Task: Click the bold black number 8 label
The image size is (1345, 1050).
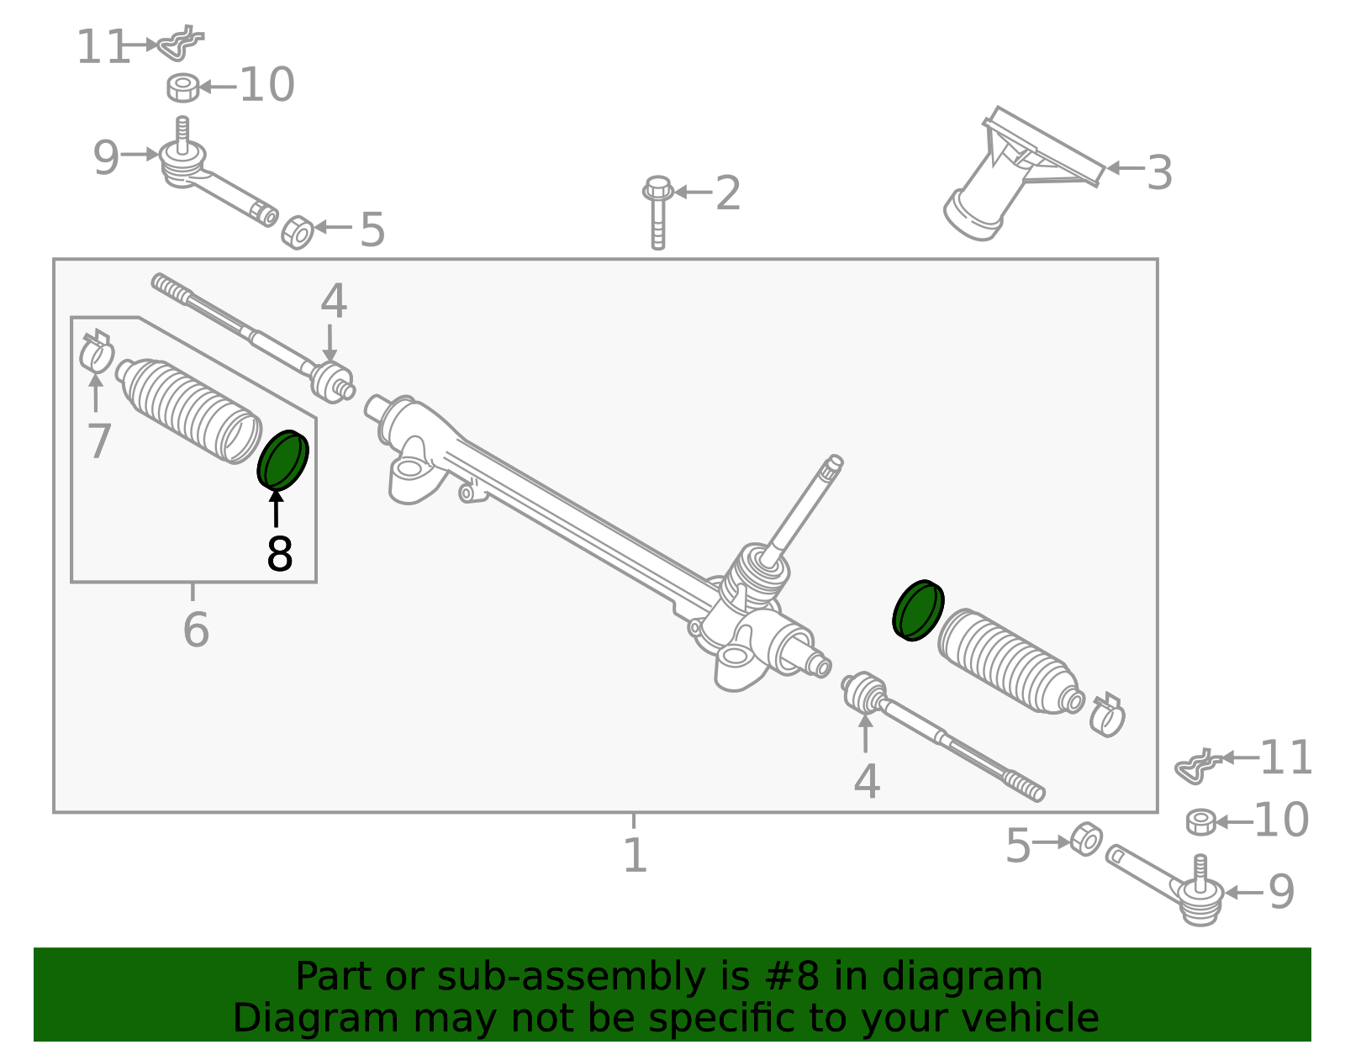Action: [x=280, y=554]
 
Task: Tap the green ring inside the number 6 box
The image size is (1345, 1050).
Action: [x=282, y=460]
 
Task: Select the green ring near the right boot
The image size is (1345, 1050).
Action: [x=917, y=610]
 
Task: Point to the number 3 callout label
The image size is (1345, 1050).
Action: [x=1159, y=173]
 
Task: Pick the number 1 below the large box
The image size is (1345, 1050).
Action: [x=635, y=855]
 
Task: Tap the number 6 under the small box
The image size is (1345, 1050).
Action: [x=195, y=630]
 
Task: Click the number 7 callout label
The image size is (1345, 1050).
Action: [x=99, y=441]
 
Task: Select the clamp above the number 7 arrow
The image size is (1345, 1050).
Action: [x=97, y=351]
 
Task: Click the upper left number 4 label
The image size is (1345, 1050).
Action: [x=334, y=301]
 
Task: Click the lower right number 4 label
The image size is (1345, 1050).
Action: [x=867, y=782]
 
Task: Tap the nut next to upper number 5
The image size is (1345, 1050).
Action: [x=297, y=232]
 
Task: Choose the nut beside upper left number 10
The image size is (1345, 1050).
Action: [x=183, y=87]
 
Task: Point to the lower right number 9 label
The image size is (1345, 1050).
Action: [x=1281, y=892]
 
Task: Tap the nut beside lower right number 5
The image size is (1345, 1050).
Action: [x=1085, y=839]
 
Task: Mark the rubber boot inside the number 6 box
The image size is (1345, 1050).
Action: [x=189, y=409]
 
